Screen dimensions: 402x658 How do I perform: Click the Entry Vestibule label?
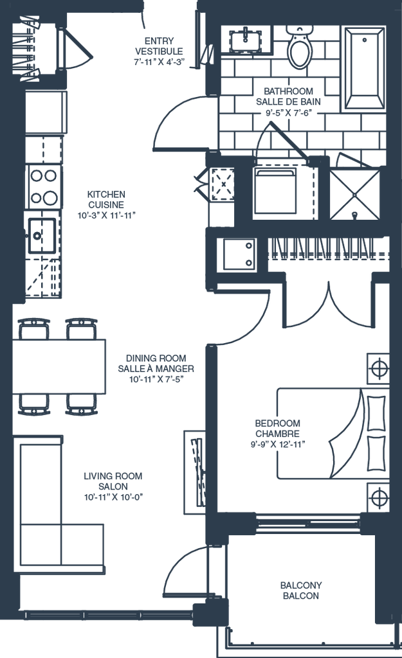[159, 51]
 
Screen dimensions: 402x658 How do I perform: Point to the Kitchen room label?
[107, 204]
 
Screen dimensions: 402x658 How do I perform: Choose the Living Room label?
[113, 485]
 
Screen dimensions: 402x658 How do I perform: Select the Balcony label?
[301, 590]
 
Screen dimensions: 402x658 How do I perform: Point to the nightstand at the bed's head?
[378, 370]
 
